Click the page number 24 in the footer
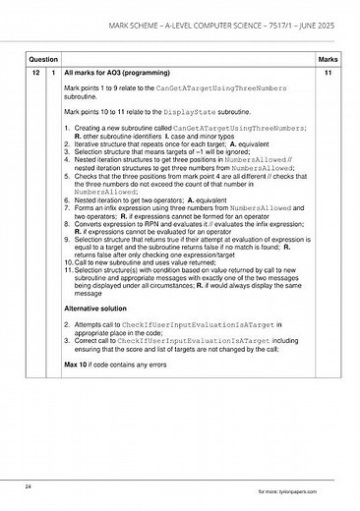click(x=30, y=485)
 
